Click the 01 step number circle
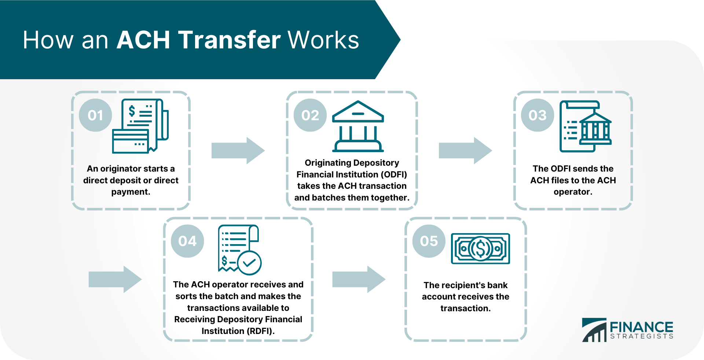pos(95,115)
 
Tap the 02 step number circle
pos(310,115)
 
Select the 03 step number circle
pos(538,115)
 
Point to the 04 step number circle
pos(187,241)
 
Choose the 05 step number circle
pos(429,241)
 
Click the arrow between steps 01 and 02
pos(238,151)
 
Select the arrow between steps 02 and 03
pos(465,151)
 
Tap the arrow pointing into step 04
pos(115,279)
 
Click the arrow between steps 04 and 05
pos(359,279)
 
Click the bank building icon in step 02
pos(358,126)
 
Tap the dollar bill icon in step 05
pos(480,249)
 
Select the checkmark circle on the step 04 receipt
pos(249,263)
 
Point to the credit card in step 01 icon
pos(131,141)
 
